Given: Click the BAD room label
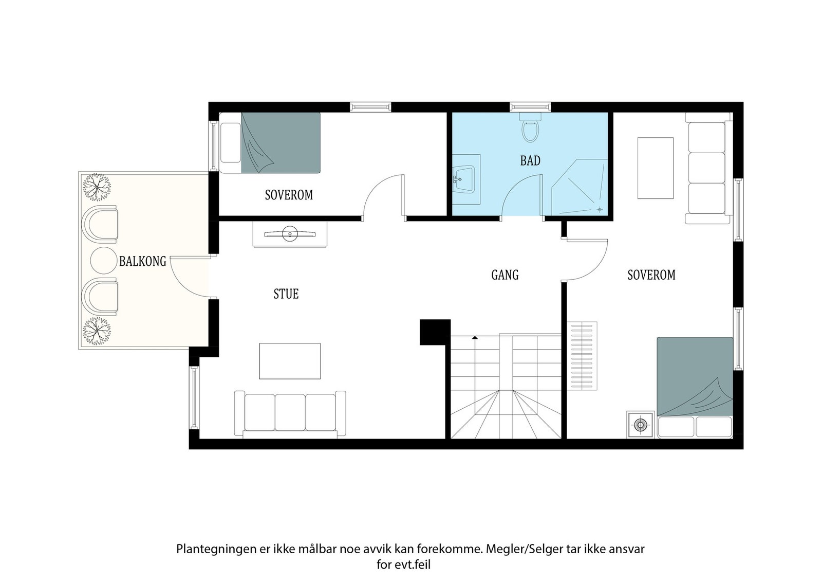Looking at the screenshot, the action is pos(530,160).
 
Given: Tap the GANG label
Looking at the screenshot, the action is pos(505,275).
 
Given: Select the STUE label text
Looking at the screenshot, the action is pos(286,294).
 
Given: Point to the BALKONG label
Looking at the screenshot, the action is pos(143,261).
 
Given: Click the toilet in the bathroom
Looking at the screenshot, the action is pos(530,128).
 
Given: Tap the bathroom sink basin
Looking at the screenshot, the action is pos(464,179).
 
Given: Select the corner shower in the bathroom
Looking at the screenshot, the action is pos(580,187).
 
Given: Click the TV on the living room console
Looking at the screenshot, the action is pos(290,234).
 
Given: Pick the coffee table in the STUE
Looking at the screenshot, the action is pos(290,361).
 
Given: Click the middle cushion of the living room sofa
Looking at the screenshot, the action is pos(290,412).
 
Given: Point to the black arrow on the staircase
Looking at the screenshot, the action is pos(475,337).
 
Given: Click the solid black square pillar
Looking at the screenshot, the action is pos(435,332).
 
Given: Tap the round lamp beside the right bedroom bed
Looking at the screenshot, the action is pos(640,425).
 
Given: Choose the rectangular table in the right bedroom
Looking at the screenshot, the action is pos(656,168).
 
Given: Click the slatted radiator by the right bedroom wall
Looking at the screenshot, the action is pos(582,356).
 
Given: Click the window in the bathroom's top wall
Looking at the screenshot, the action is pos(530,107).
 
